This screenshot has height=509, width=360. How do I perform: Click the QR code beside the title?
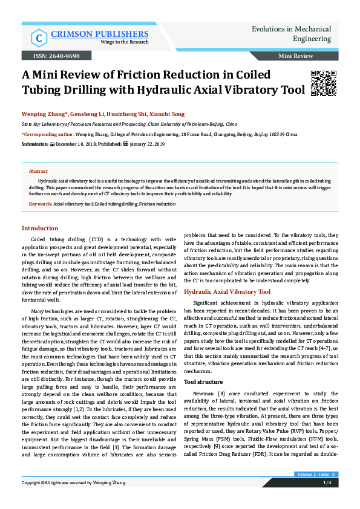coord(323,83)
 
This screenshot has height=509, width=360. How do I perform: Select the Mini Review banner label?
coord(295,56)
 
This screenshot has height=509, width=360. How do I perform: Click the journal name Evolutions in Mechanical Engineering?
coord(291,33)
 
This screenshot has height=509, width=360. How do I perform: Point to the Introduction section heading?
coord(40,228)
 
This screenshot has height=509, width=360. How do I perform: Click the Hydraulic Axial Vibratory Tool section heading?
coord(227,291)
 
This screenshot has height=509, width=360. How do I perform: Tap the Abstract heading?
coord(39,172)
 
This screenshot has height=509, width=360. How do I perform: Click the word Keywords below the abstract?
coord(40,204)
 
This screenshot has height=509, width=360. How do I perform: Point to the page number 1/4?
coord(327,499)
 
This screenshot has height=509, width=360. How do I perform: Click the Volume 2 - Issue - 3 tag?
coord(316,491)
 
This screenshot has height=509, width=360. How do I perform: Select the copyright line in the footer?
coord(74,500)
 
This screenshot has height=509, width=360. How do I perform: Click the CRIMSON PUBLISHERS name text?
coord(100,34)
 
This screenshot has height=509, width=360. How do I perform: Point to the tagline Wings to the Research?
coord(99,42)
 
